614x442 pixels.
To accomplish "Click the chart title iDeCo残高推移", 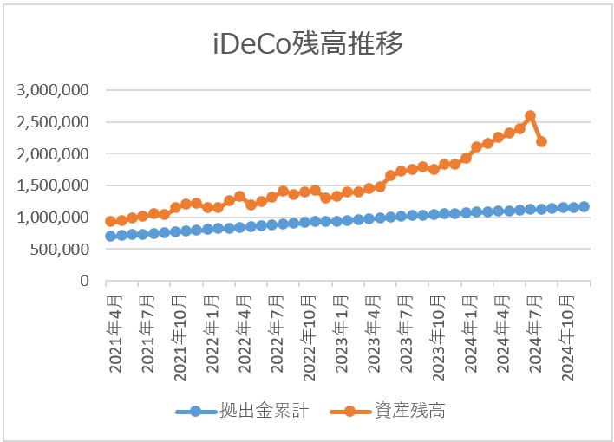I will (x=308, y=44).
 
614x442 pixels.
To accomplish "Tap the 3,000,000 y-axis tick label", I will (x=54, y=90).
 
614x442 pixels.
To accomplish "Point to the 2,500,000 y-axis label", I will (x=54, y=122).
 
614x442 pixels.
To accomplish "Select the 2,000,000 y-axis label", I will (x=54, y=154).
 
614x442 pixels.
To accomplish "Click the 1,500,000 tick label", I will (x=54, y=185).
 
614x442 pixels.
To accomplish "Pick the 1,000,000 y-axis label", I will (x=54, y=218).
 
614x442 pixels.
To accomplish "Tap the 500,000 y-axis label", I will (x=61, y=250).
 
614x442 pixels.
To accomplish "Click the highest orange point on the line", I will (x=531, y=115).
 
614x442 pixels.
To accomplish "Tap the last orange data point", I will (x=541, y=141).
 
